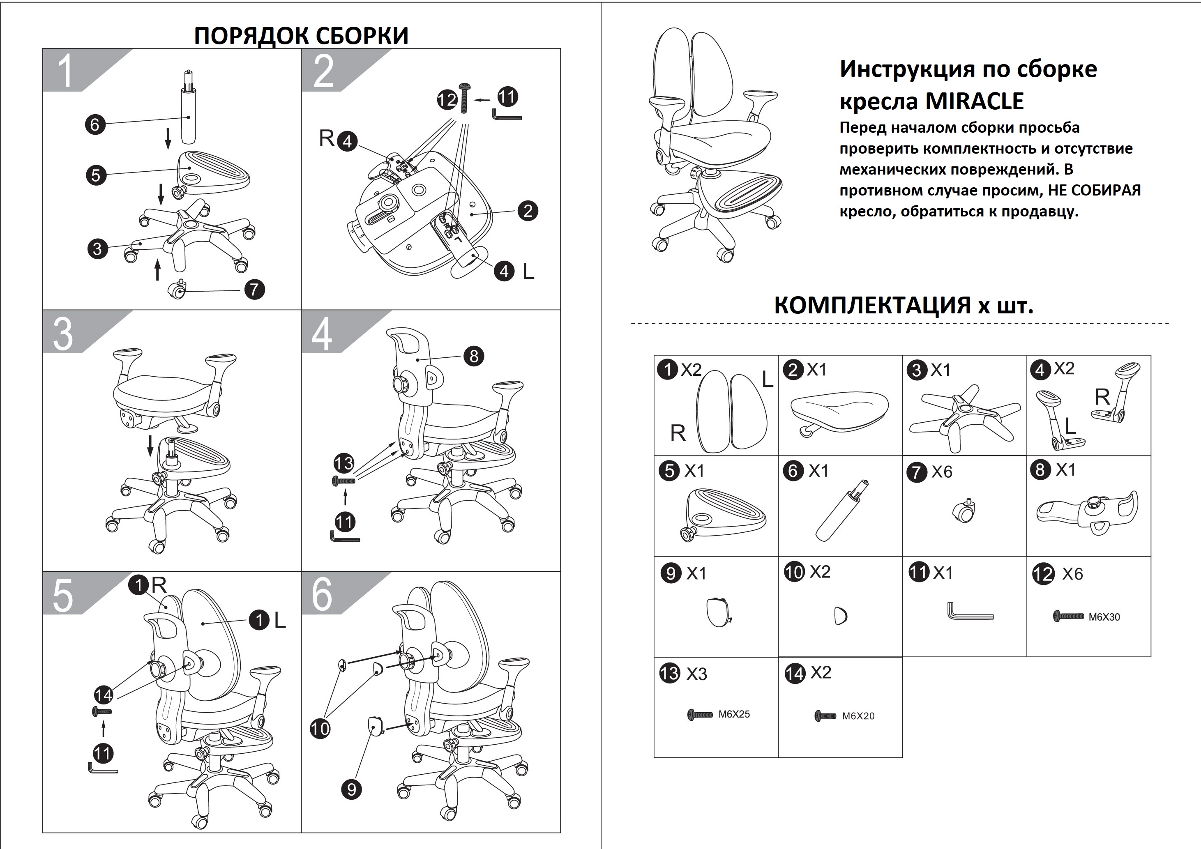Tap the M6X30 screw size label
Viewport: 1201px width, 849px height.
[1104, 617]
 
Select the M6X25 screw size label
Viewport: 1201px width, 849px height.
[734, 714]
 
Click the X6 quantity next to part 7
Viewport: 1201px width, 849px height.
[942, 472]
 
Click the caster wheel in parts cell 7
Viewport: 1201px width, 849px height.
[965, 512]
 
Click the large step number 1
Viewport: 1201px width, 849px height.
[65, 71]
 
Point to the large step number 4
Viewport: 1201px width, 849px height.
[321, 334]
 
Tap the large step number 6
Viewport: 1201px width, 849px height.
[322, 595]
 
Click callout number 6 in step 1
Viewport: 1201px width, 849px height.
[95, 124]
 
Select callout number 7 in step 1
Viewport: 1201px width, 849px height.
[255, 289]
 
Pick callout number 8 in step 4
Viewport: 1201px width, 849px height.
[474, 356]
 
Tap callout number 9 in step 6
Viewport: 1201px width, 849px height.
[352, 789]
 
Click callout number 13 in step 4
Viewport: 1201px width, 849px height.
[343, 463]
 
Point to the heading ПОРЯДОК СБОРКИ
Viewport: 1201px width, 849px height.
[301, 36]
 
